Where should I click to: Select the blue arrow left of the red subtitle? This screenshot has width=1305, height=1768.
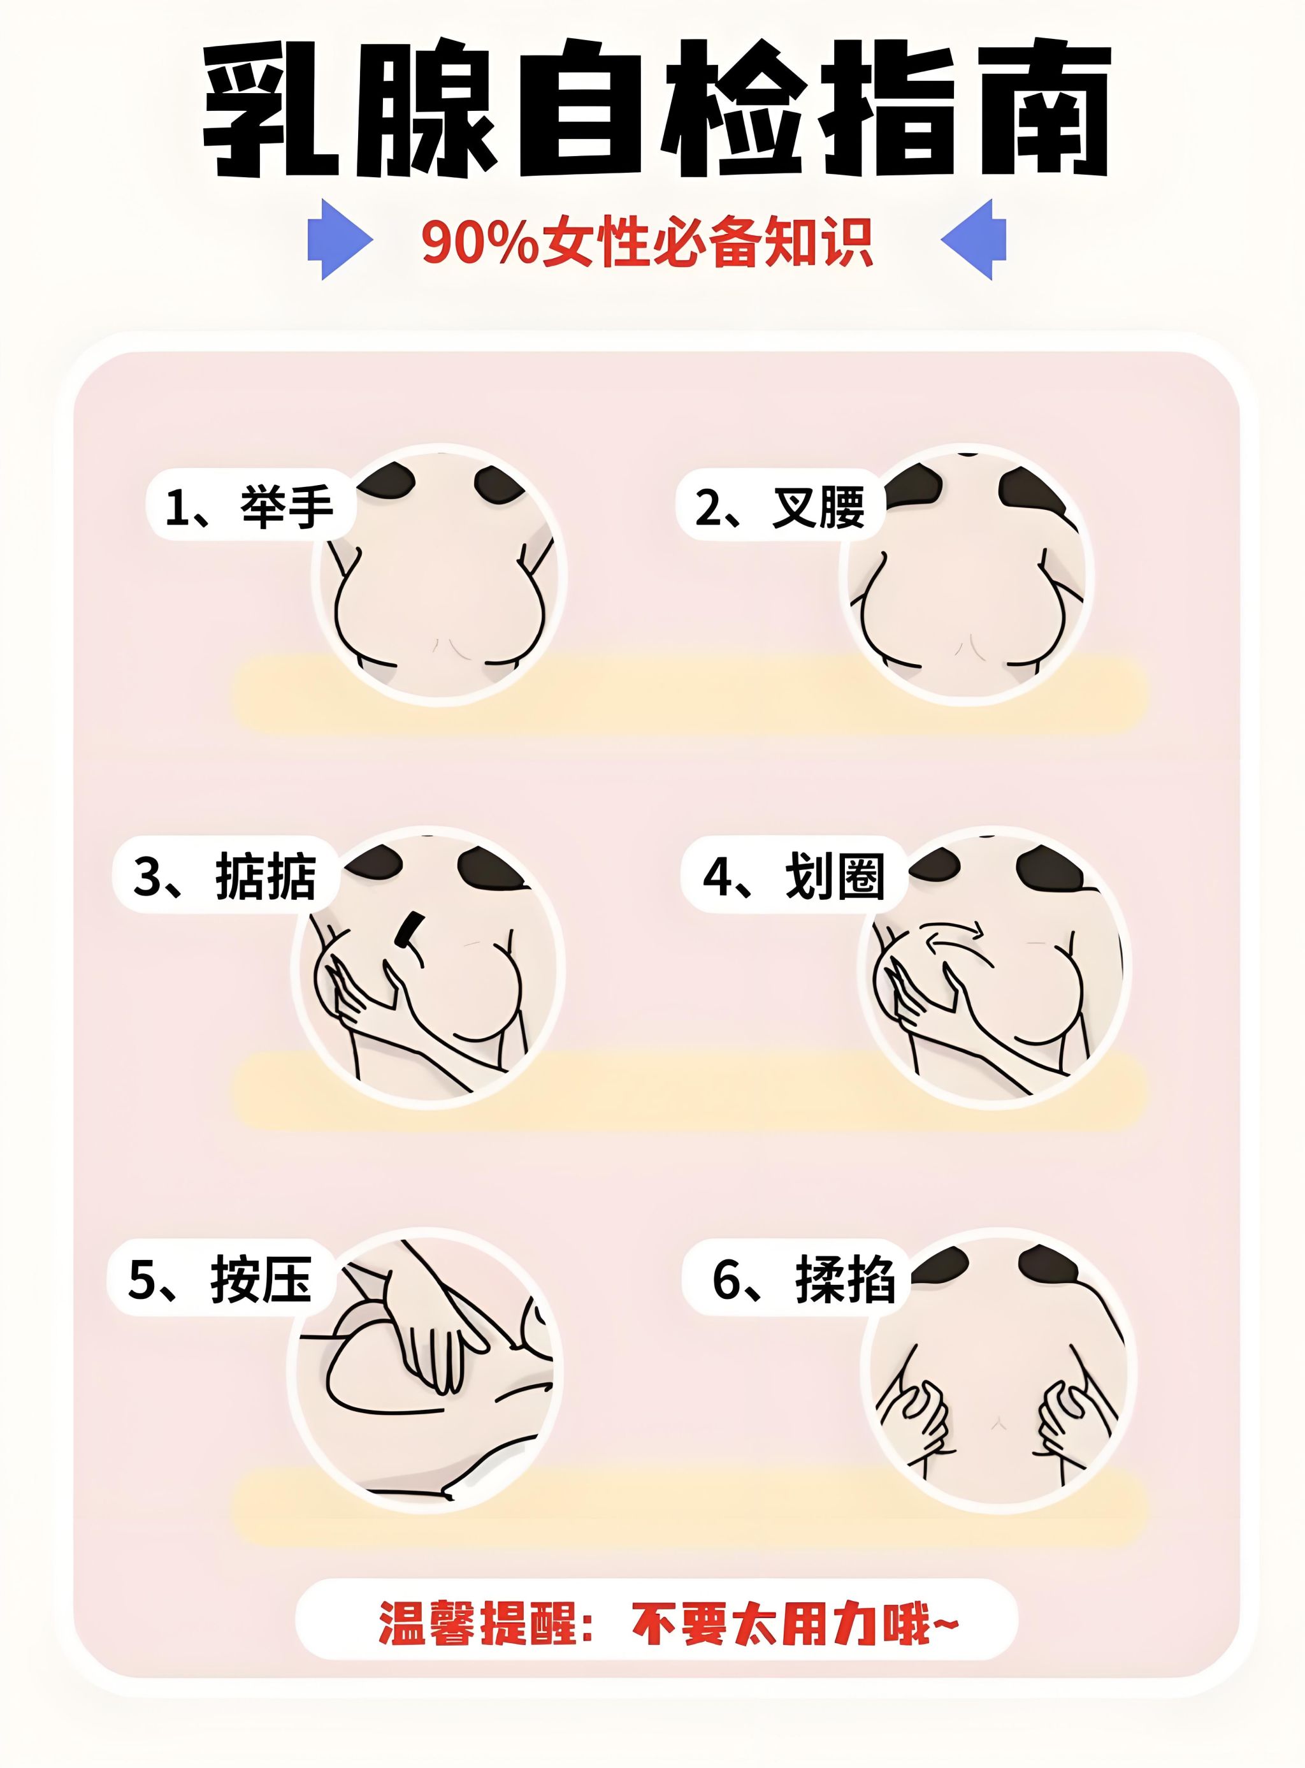click(x=340, y=240)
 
